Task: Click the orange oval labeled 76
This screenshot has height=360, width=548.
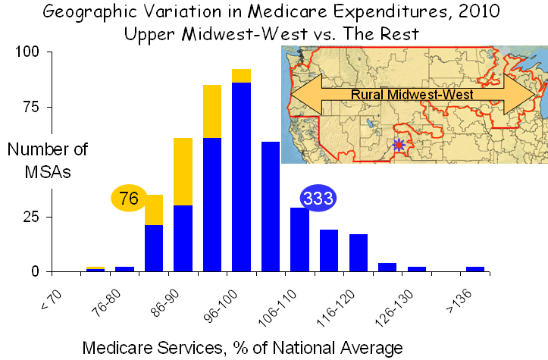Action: tap(129, 199)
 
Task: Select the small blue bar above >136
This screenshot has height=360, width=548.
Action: tap(475, 268)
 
